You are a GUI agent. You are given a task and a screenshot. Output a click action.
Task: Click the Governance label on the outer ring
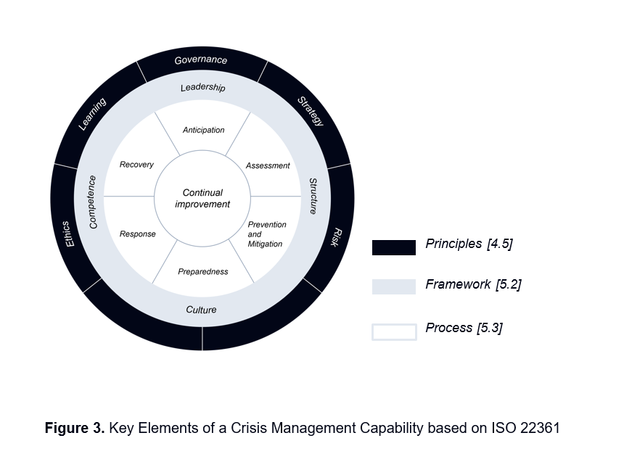[x=201, y=60]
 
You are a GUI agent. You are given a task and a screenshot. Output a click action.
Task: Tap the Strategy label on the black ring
[x=311, y=111]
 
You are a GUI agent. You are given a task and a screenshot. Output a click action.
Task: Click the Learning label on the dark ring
[x=92, y=114]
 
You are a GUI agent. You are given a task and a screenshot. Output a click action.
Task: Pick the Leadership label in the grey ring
[x=202, y=88]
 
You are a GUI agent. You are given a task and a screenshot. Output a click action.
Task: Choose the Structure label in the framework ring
[x=313, y=196]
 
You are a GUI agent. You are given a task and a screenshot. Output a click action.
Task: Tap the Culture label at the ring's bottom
[x=201, y=310]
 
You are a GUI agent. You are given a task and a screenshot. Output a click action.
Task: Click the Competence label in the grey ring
[x=92, y=202]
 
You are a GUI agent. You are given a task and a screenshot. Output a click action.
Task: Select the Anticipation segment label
[x=203, y=130]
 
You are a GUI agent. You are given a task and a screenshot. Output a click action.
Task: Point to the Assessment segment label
[x=268, y=165]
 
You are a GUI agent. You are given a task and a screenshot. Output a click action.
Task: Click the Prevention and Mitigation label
[x=266, y=234]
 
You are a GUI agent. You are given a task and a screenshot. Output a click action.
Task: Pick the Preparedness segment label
[x=203, y=272]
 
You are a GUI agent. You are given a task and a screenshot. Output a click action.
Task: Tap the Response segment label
[x=137, y=234]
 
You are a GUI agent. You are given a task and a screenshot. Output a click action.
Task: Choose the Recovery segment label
[x=136, y=165]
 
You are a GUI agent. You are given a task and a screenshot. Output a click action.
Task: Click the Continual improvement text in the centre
[x=202, y=198]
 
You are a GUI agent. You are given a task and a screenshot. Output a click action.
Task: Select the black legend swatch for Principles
[x=394, y=247]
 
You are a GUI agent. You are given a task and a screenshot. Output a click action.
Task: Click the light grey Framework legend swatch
[x=394, y=286]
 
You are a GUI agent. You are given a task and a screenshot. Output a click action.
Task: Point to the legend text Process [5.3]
[x=464, y=328]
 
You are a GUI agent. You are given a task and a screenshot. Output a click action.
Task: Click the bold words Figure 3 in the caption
[x=75, y=428]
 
